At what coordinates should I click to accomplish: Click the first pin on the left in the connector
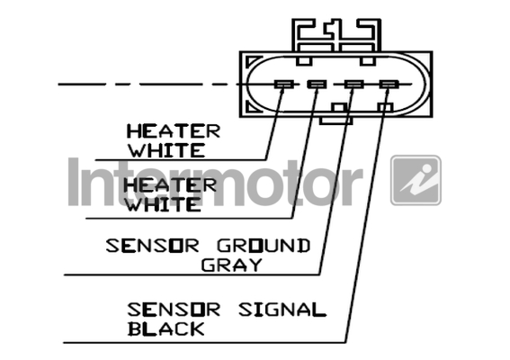(x=284, y=85)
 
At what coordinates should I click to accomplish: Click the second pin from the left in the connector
(x=317, y=85)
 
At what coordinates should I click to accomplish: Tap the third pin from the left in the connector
(x=353, y=85)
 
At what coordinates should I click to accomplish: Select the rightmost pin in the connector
(x=389, y=85)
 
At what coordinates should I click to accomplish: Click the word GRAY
(x=231, y=265)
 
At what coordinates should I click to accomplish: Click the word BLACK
(x=166, y=328)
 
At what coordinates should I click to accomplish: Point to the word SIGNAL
(x=282, y=310)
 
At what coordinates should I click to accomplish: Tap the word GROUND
(x=264, y=246)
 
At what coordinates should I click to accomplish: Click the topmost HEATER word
(x=174, y=131)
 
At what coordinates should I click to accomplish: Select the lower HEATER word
(x=170, y=185)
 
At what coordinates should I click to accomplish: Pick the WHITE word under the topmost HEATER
(x=167, y=150)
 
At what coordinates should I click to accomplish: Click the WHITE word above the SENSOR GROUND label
(x=164, y=204)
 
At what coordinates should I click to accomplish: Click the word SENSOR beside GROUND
(x=152, y=246)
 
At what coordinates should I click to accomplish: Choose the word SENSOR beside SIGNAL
(x=174, y=310)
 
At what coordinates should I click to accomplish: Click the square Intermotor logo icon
(x=416, y=180)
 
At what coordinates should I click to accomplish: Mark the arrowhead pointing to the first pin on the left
(x=282, y=89)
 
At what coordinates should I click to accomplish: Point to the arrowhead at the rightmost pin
(x=387, y=91)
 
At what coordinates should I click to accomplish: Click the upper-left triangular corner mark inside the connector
(x=254, y=61)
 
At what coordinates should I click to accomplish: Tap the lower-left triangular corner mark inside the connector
(x=254, y=106)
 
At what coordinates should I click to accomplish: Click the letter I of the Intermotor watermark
(x=74, y=182)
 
